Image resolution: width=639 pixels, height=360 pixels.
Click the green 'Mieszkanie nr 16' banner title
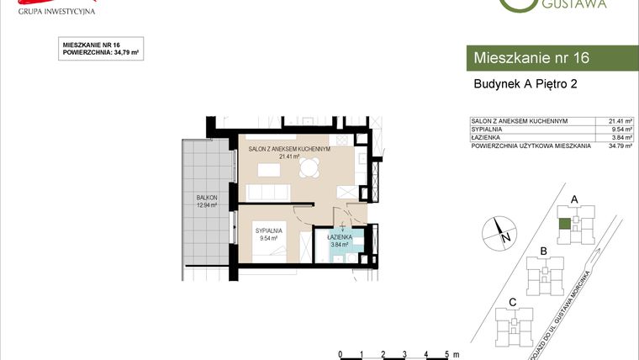(531, 58)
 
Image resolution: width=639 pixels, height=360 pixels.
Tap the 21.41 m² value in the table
(620, 121)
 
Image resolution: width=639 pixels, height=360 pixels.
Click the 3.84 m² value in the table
(620, 138)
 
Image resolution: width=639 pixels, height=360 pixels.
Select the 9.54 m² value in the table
(620, 130)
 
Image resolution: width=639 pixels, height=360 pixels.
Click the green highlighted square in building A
(565, 224)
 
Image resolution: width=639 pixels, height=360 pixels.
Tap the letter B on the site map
(544, 251)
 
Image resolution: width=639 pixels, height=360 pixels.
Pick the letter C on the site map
(512, 301)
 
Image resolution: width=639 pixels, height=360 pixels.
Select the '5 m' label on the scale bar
(452, 354)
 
